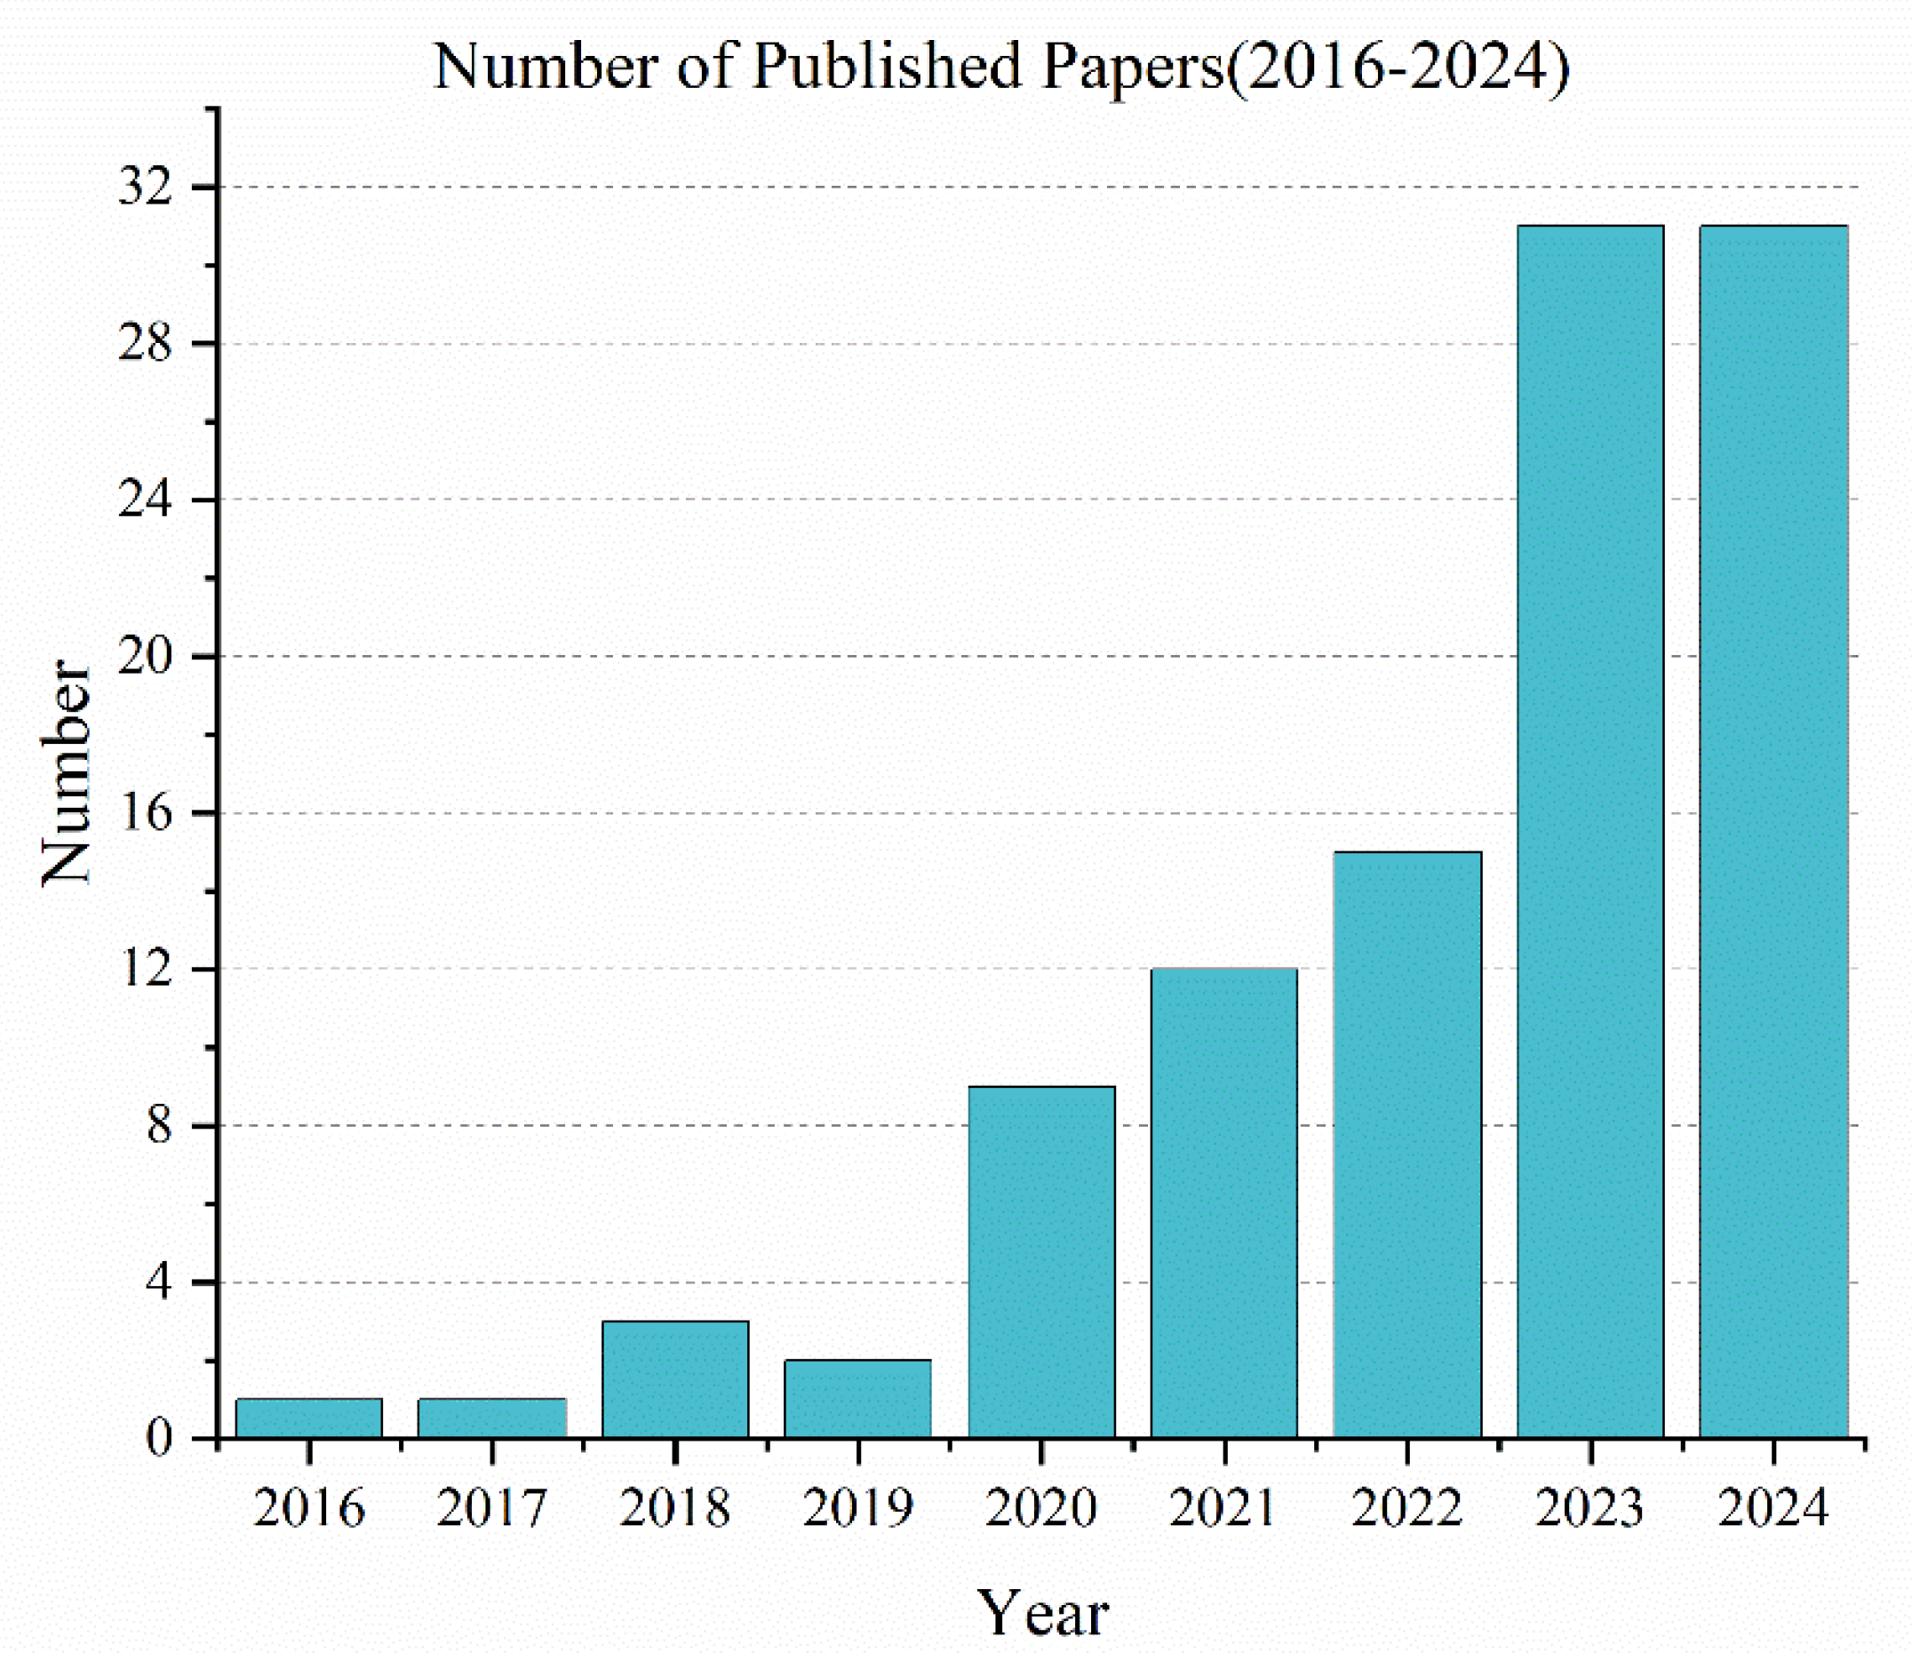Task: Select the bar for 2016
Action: (x=308, y=1417)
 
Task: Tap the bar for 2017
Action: (x=492, y=1417)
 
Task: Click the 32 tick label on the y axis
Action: (x=146, y=188)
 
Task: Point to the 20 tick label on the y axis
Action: (x=146, y=656)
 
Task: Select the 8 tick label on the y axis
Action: (x=159, y=1125)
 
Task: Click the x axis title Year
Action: (x=1042, y=1613)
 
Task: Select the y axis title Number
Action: (x=68, y=771)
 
